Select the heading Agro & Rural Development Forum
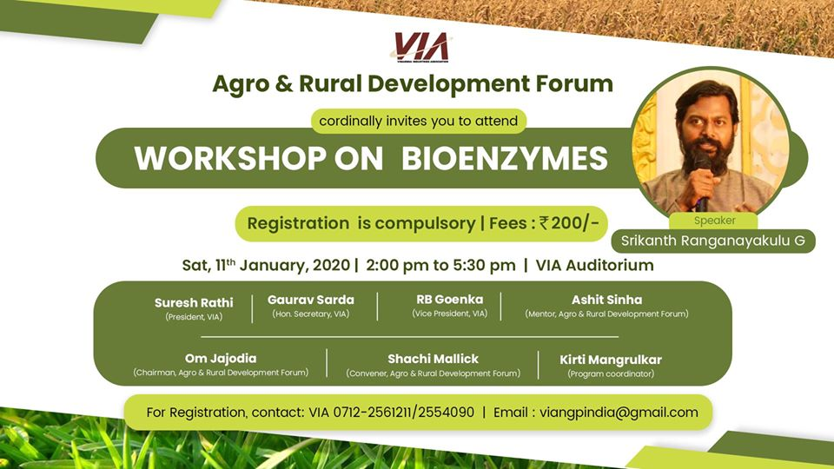click(x=413, y=84)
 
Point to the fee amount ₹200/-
click(x=568, y=223)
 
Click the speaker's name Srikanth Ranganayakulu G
click(x=713, y=241)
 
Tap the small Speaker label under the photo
click(x=714, y=221)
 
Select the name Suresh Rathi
click(x=194, y=303)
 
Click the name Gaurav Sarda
click(x=310, y=300)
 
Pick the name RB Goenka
click(x=449, y=300)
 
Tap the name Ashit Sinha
click(x=606, y=300)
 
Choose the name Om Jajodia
click(x=221, y=359)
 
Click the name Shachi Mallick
click(x=433, y=359)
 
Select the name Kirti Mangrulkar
click(x=611, y=359)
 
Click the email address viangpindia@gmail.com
click(x=619, y=413)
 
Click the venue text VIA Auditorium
click(x=594, y=265)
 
